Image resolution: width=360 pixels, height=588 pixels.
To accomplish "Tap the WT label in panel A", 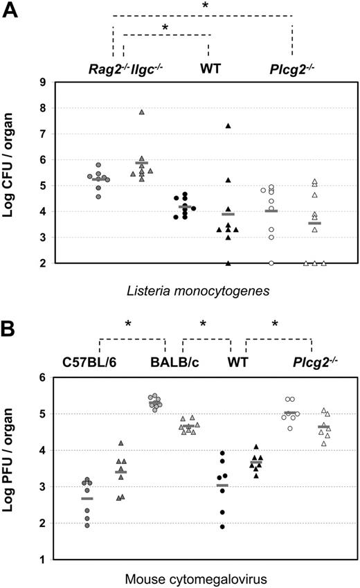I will [x=210, y=69].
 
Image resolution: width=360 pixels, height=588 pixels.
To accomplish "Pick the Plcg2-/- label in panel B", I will [x=311, y=362].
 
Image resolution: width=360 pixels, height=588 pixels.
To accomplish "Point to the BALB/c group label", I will [x=171, y=362].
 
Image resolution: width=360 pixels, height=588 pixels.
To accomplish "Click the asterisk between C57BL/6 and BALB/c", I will [x=129, y=325].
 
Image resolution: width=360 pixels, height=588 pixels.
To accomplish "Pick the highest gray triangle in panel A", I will [x=141, y=112].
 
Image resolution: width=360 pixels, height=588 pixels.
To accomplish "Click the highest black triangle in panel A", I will [x=228, y=125].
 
